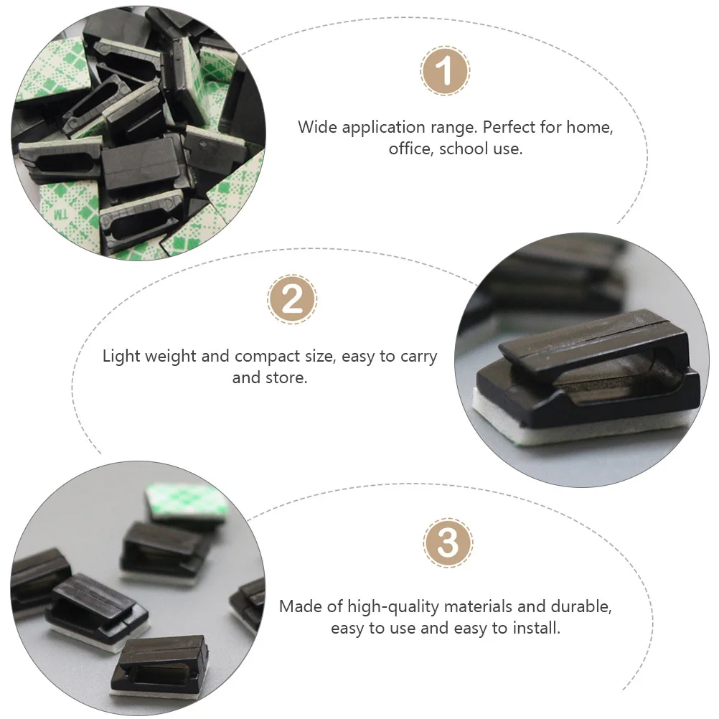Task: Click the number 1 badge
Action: click(445, 72)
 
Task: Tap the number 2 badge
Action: click(292, 299)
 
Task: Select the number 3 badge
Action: click(448, 543)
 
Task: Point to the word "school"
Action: click(464, 149)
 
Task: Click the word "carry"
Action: click(415, 357)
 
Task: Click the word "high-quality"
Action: click(393, 606)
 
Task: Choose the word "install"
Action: click(536, 628)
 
